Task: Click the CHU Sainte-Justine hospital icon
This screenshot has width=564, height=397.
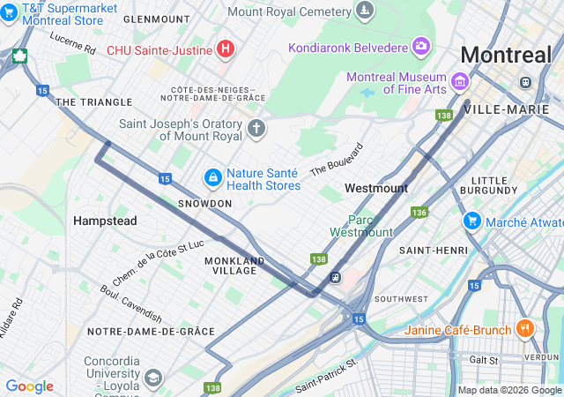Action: [x=226, y=49]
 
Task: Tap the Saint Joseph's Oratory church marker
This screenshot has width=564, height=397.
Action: [x=256, y=129]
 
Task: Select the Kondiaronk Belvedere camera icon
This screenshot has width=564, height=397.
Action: [x=421, y=45]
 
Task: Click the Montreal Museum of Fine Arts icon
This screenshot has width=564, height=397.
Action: [x=459, y=83]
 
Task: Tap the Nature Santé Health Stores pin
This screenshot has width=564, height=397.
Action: [x=212, y=178]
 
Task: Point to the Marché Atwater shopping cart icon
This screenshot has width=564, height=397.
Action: [x=472, y=220]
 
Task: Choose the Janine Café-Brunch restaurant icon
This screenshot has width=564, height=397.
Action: [x=525, y=329]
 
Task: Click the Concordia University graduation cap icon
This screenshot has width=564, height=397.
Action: [x=153, y=378]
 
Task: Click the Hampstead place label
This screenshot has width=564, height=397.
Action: [x=105, y=221]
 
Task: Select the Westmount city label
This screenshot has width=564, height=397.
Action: [x=376, y=188]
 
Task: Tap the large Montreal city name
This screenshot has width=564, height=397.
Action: [x=506, y=55]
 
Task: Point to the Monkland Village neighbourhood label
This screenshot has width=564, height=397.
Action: [x=234, y=266]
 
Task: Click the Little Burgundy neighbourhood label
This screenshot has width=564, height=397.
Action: [x=494, y=184]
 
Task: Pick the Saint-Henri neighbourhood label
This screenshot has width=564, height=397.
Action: [x=433, y=251]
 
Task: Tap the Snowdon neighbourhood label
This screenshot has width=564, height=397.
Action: [x=204, y=204]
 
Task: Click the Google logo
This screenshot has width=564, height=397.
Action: [x=29, y=386]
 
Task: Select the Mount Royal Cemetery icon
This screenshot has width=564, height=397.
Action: [x=364, y=11]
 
